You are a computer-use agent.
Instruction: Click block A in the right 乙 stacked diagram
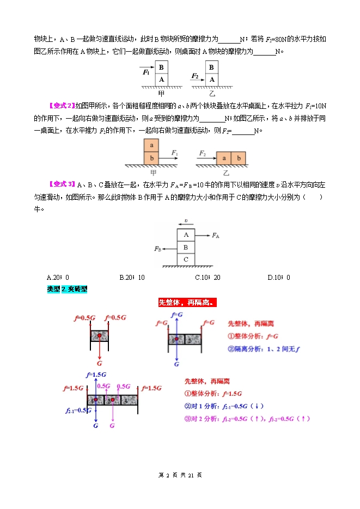(x=212, y=79)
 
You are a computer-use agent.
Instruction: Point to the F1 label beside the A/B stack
(x=146, y=72)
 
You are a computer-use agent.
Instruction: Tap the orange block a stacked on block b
(x=151, y=145)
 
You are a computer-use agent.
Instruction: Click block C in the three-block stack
(x=186, y=260)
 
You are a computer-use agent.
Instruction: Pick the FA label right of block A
(x=216, y=235)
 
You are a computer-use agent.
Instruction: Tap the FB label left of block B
(x=157, y=249)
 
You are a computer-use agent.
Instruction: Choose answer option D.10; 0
(x=279, y=278)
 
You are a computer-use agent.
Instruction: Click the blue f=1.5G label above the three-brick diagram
(x=95, y=375)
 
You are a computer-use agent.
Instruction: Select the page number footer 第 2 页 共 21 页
(x=180, y=475)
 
